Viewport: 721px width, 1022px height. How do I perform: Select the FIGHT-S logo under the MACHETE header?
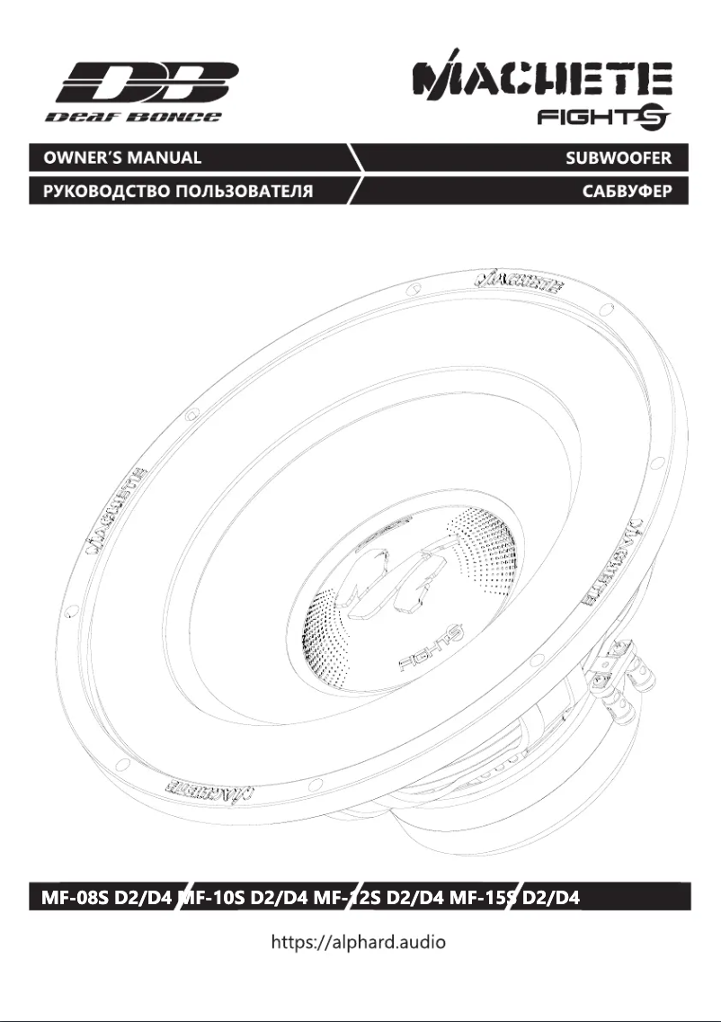tap(605, 118)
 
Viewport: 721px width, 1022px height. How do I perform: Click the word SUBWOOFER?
tap(619, 158)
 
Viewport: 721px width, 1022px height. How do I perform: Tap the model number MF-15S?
tap(485, 897)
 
